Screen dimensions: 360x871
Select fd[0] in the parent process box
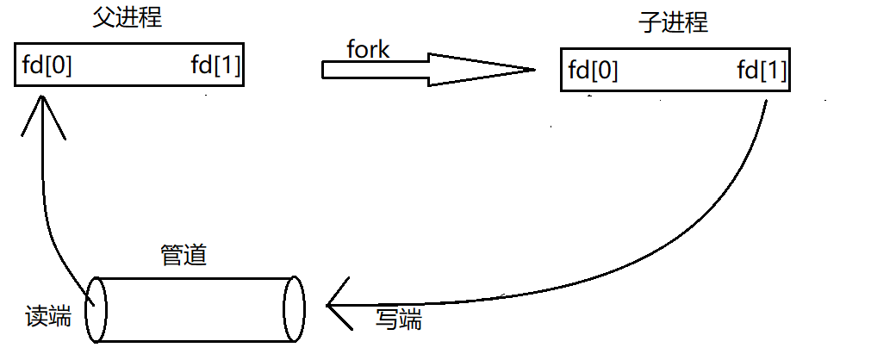[x=47, y=66]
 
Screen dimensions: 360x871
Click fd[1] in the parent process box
[x=215, y=66]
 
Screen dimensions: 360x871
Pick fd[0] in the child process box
[x=593, y=71]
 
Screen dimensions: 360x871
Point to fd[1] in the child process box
[x=762, y=71]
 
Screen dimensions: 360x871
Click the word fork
[x=368, y=50]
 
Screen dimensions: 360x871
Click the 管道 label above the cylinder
[x=184, y=255]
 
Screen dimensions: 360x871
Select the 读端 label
[x=47, y=316]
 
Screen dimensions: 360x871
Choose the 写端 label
[x=399, y=320]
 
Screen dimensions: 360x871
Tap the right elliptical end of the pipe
[x=295, y=308]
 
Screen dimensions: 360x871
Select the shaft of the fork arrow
[x=375, y=70]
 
